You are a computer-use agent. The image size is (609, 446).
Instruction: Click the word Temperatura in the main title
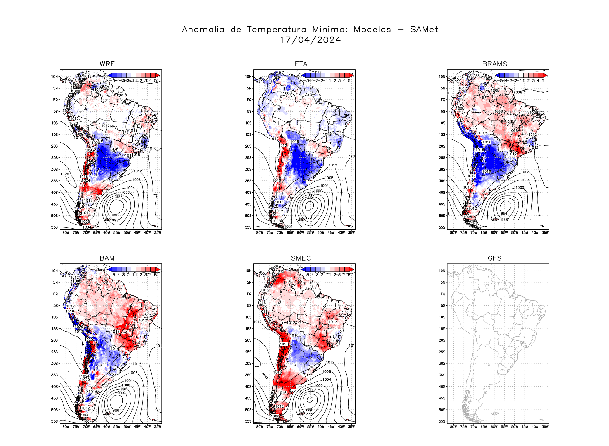point(276,30)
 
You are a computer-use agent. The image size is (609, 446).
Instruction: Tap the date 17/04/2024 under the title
point(310,40)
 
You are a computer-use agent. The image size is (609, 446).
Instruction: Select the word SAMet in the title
point(424,30)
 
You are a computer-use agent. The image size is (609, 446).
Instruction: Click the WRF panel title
point(107,64)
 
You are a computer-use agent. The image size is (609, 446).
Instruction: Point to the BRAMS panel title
point(495,64)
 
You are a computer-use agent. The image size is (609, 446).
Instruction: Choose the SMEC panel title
point(301,258)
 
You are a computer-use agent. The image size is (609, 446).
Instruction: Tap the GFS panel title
point(495,258)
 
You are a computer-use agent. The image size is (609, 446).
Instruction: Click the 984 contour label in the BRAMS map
point(504,213)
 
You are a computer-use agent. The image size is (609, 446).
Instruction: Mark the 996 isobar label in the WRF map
point(119,196)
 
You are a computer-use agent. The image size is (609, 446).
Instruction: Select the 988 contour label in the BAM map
point(116,410)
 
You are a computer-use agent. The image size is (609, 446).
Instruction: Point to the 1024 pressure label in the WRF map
point(86,180)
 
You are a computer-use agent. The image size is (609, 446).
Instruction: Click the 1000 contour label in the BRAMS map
point(520,188)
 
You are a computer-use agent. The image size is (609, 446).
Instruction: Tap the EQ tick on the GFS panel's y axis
point(443,294)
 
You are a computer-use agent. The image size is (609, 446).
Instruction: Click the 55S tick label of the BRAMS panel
point(442,227)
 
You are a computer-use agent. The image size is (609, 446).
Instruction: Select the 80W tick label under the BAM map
point(66,427)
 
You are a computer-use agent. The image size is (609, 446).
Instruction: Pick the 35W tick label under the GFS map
point(545,427)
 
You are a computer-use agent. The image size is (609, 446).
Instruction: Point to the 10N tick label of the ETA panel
point(248,77)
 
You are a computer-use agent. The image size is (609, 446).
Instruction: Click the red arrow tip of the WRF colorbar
point(158,75)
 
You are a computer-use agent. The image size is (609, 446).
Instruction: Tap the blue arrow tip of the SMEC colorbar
point(303,269)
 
